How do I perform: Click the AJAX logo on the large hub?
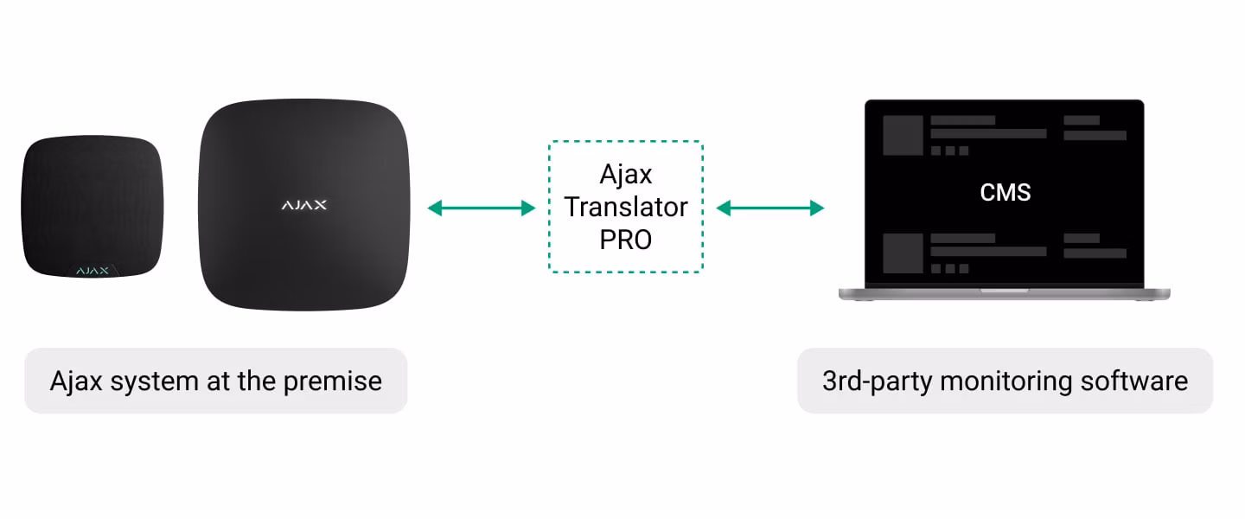pyautogui.click(x=304, y=205)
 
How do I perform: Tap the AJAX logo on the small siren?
pyautogui.click(x=93, y=271)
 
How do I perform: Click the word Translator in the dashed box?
pyautogui.click(x=626, y=207)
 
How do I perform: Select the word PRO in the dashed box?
pyautogui.click(x=625, y=240)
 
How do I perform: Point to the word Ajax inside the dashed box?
pyautogui.click(x=626, y=175)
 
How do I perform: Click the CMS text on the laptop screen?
pyautogui.click(x=1005, y=193)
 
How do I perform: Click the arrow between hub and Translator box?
pyautogui.click(x=482, y=208)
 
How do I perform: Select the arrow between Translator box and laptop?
pyautogui.click(x=770, y=208)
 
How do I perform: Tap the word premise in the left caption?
pyautogui.click(x=332, y=381)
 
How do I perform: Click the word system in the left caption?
pyautogui.click(x=154, y=381)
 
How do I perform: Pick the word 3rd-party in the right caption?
pyautogui.click(x=877, y=381)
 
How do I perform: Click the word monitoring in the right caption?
pyautogui.click(x=1006, y=381)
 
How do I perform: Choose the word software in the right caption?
pyautogui.click(x=1133, y=381)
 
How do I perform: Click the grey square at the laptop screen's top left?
pyautogui.click(x=903, y=135)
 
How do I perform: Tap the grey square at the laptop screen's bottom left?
pyautogui.click(x=903, y=253)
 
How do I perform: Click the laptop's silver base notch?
pyautogui.click(x=1005, y=291)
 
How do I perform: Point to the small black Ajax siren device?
pyautogui.click(x=93, y=207)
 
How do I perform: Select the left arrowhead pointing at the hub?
pyautogui.click(x=434, y=208)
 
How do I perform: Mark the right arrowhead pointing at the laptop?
pyautogui.click(x=818, y=208)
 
